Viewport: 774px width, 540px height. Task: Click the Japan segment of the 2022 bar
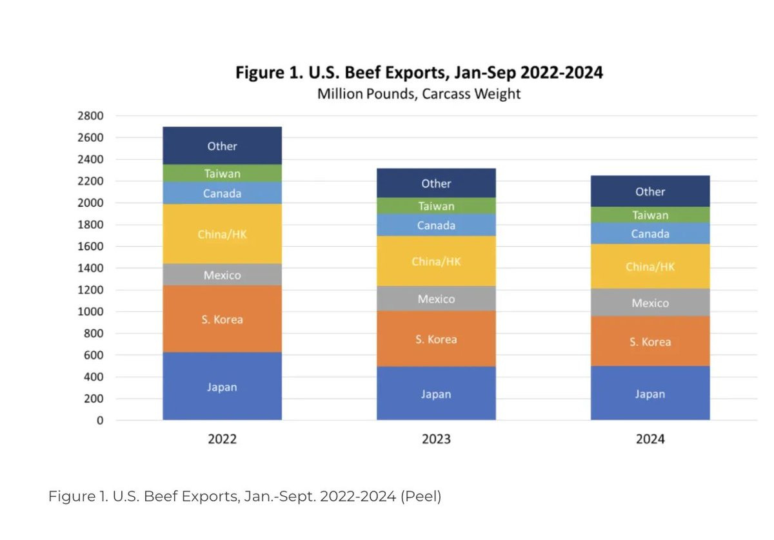click(x=222, y=387)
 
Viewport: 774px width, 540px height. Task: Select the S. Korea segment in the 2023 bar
click(x=436, y=339)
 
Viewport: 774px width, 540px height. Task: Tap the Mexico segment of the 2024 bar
click(x=650, y=302)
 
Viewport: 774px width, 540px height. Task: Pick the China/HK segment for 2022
click(x=222, y=234)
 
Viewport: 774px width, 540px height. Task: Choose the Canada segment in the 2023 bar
click(x=436, y=225)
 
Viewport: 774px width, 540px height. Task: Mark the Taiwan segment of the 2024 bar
click(x=650, y=215)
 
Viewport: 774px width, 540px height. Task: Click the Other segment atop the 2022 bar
click(x=222, y=146)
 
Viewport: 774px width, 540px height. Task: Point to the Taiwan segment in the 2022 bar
click(x=222, y=173)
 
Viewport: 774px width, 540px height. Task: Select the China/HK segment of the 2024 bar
click(x=650, y=266)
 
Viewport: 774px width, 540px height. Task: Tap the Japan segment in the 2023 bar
click(x=436, y=394)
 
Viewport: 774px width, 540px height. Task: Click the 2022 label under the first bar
click(x=222, y=439)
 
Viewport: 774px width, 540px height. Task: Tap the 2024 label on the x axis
click(x=650, y=439)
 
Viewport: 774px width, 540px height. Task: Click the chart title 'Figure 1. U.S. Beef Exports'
click(x=419, y=72)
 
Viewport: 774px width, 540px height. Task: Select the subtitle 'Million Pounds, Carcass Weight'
click(x=419, y=94)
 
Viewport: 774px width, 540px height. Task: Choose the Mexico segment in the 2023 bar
click(x=436, y=299)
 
